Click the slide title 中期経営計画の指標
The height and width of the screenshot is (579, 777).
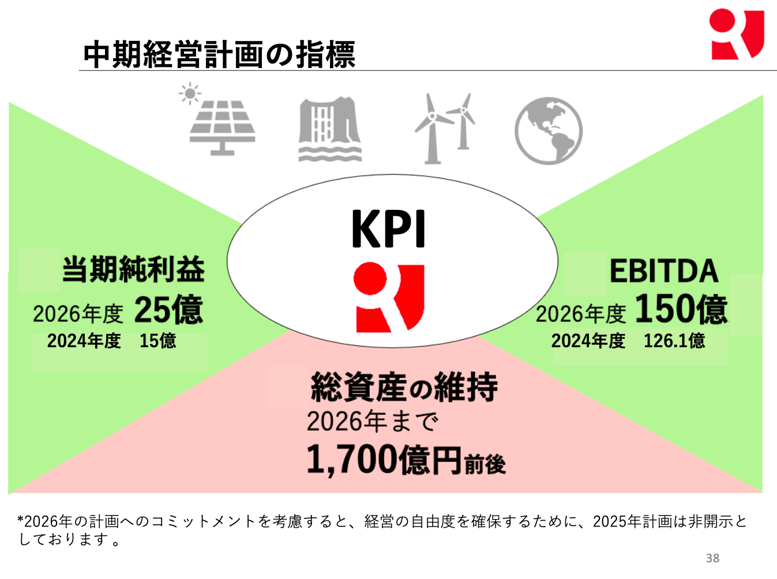(219, 54)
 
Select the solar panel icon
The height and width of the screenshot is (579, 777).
(222, 128)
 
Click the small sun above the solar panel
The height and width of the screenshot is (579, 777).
(190, 93)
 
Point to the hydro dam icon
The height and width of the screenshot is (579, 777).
(330, 129)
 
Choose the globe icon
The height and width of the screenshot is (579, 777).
(549, 131)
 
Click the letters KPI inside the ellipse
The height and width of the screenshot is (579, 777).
(388, 229)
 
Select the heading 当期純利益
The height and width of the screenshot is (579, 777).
(133, 270)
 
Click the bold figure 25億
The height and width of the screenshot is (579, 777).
(169, 310)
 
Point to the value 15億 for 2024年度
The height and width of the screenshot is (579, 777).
(158, 341)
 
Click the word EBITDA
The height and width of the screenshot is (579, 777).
(664, 272)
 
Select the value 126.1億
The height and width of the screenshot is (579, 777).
(674, 341)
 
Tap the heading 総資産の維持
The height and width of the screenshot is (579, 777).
(404, 387)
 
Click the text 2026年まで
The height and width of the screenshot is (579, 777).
(373, 421)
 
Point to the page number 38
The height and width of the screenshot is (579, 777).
(712, 558)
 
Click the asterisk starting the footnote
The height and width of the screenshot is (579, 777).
(21, 519)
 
